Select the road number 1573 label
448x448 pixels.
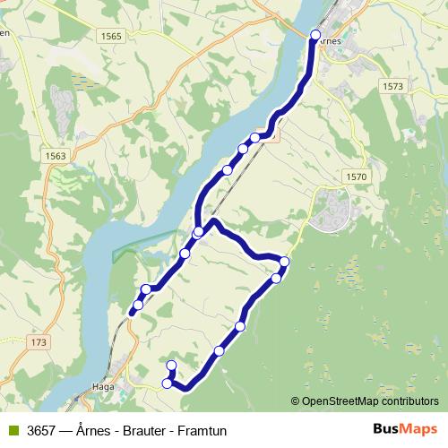(x=392, y=86)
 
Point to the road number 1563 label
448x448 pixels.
(x=54, y=155)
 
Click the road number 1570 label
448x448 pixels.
(x=355, y=177)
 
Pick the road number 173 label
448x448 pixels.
(x=37, y=343)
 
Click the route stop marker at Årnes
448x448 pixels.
(x=314, y=35)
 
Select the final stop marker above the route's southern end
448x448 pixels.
(x=171, y=365)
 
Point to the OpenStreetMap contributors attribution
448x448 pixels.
(x=370, y=401)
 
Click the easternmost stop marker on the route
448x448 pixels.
(x=284, y=262)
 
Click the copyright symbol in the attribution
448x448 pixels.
(x=295, y=401)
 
